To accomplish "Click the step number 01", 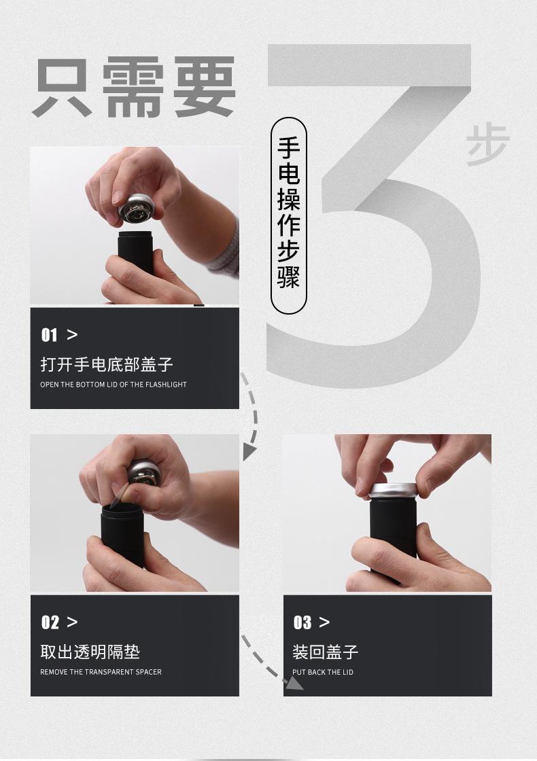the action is pyautogui.click(x=49, y=335).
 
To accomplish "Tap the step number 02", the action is pyautogui.click(x=50, y=622).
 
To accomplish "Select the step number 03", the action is pyautogui.click(x=302, y=622).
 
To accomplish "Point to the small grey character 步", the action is pyautogui.click(x=487, y=145).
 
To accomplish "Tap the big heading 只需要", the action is pyautogui.click(x=134, y=86).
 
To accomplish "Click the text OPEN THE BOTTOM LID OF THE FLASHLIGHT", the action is pyautogui.click(x=113, y=385).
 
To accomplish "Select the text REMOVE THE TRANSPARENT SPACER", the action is pyautogui.click(x=101, y=672).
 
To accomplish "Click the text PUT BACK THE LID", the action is pyautogui.click(x=322, y=672).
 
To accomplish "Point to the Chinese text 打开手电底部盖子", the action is pyautogui.click(x=107, y=364).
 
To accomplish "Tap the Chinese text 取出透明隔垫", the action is pyautogui.click(x=90, y=652).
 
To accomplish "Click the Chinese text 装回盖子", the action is pyautogui.click(x=326, y=652).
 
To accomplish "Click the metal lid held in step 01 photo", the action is pyautogui.click(x=137, y=209).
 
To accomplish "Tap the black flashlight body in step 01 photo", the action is pyautogui.click(x=135, y=250).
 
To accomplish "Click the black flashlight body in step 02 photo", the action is pyautogui.click(x=122, y=534).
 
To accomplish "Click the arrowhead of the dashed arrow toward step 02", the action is pyautogui.click(x=249, y=452).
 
